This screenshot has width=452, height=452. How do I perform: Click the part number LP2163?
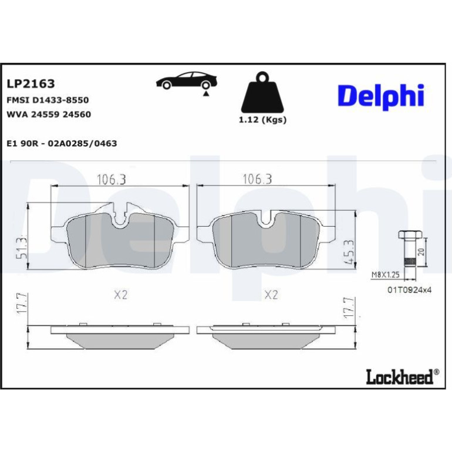31,83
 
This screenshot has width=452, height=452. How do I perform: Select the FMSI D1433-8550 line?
48,100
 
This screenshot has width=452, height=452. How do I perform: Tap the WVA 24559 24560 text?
49,114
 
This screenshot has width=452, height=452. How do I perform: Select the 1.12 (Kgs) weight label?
262,120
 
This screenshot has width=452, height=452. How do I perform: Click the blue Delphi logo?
381,96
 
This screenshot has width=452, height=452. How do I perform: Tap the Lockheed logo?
403,377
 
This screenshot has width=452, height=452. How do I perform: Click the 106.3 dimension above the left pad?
112,180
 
